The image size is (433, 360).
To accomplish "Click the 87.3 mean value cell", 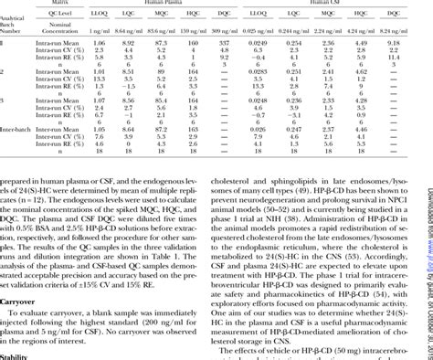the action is pos(163,43).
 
